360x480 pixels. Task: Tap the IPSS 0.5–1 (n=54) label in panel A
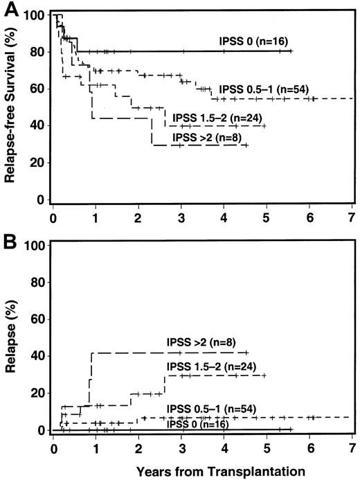(264, 89)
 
